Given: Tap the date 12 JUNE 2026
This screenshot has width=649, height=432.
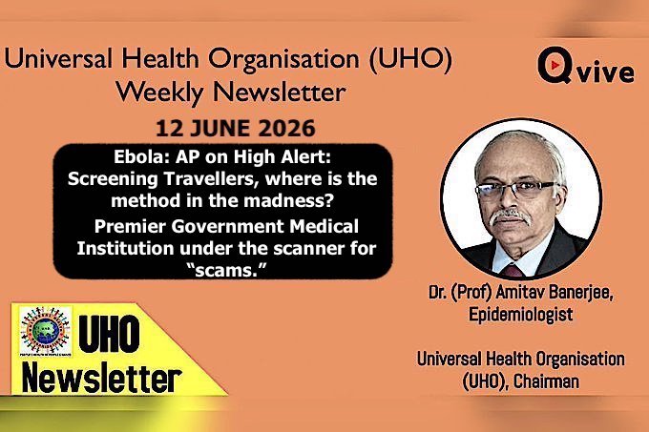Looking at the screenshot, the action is pyautogui.click(x=236, y=128).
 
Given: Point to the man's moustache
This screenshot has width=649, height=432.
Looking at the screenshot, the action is pyautogui.click(x=510, y=216).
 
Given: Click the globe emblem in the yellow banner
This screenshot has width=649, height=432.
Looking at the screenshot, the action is pyautogui.click(x=46, y=331).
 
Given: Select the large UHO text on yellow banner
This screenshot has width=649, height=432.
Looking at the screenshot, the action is pyautogui.click(x=109, y=334).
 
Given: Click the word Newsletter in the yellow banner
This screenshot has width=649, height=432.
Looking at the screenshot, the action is pyautogui.click(x=102, y=378).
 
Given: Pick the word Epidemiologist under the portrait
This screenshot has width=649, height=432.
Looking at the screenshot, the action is pyautogui.click(x=521, y=314).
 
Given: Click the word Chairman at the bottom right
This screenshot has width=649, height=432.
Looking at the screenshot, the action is pyautogui.click(x=546, y=381).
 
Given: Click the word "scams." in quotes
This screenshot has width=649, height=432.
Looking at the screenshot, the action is pyautogui.click(x=225, y=270).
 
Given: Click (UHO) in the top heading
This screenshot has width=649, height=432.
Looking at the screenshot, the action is pyautogui.click(x=410, y=59).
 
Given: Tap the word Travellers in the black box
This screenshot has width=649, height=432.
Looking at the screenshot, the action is pyautogui.click(x=212, y=178).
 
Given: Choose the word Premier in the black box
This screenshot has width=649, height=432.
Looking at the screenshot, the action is pyautogui.click(x=130, y=226).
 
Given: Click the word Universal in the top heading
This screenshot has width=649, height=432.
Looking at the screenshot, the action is pyautogui.click(x=58, y=58).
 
